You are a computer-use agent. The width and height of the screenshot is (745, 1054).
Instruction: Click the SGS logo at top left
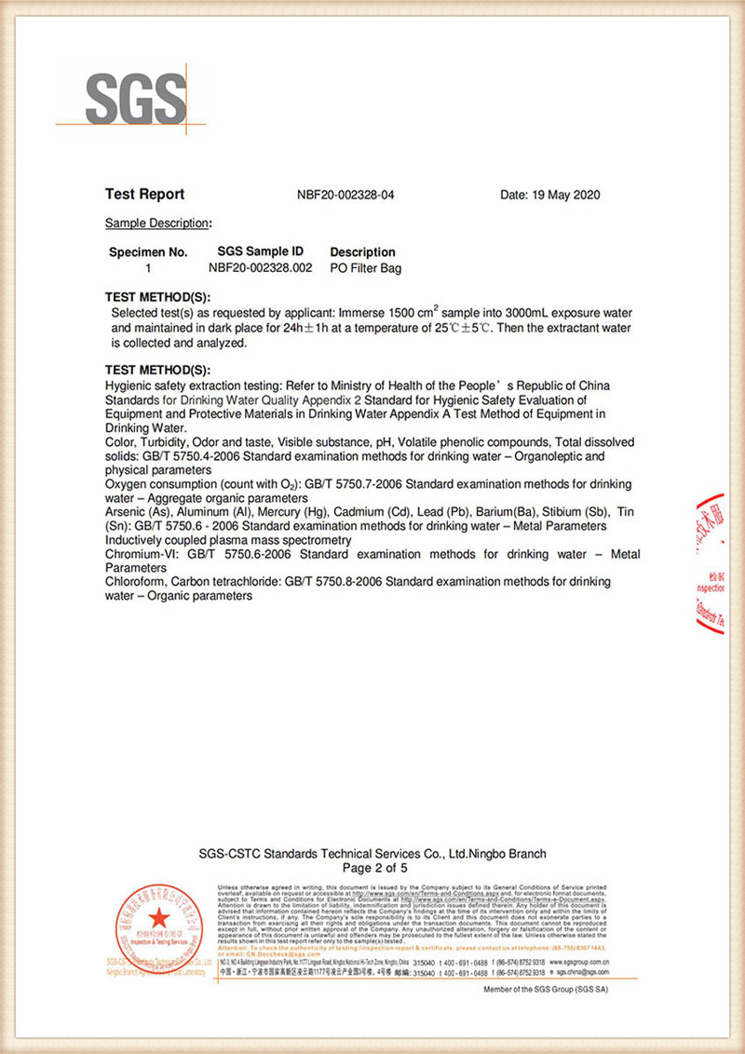[136, 95]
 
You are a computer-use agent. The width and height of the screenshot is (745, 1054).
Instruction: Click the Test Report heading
[144, 195]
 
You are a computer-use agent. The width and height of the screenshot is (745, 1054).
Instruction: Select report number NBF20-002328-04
[345, 196]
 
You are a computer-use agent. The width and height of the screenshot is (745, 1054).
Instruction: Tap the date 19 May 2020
[550, 196]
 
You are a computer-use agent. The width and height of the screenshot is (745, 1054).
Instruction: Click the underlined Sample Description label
[156, 223]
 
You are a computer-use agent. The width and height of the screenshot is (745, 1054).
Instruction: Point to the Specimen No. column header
[148, 252]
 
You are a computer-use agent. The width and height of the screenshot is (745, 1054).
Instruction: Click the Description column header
[362, 252]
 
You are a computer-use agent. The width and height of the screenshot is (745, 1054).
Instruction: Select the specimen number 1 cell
[148, 267]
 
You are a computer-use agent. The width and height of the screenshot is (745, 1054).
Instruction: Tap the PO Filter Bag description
[366, 267]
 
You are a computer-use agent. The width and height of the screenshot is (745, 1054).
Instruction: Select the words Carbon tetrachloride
[235, 582]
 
